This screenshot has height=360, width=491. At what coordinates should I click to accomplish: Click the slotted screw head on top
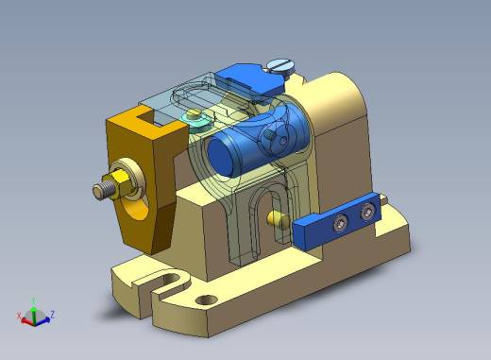[279, 66]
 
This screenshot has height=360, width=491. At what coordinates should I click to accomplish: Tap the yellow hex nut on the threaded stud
[122, 184]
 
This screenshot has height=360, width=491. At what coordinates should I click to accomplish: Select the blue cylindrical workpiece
[258, 140]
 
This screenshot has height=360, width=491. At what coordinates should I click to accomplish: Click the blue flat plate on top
[250, 80]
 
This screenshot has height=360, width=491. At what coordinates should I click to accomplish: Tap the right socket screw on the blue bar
[367, 212]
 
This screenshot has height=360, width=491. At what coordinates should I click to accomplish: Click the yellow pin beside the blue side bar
[278, 218]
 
